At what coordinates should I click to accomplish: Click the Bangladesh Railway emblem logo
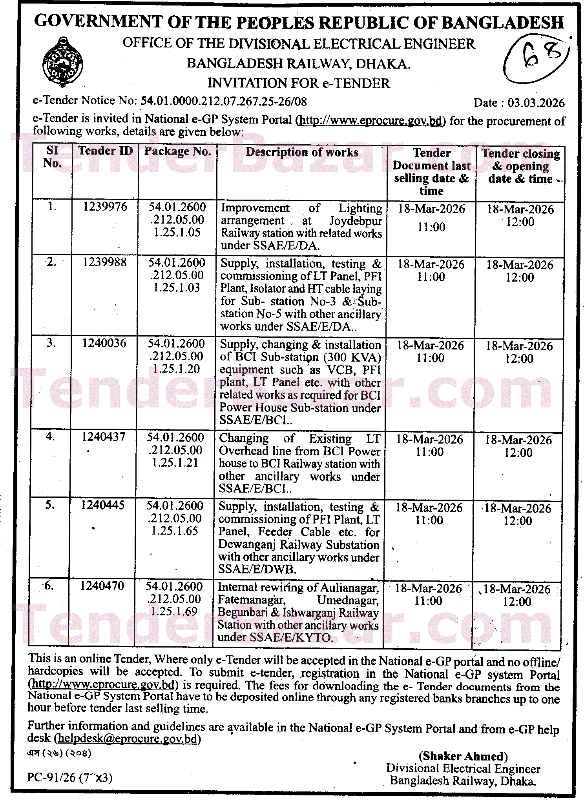coord(62,62)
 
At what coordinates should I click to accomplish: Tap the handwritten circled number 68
coord(537,59)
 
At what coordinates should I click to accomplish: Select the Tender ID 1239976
coord(105,207)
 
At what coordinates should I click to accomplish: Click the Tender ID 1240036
coord(104,343)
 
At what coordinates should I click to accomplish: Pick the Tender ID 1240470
coord(102,586)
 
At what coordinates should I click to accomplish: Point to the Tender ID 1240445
coord(102,505)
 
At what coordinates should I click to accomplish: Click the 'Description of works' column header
coord(302,153)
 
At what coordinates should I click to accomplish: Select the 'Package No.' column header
coord(177,151)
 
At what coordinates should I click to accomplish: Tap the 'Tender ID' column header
coord(105,151)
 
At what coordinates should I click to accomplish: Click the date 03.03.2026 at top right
coord(536,103)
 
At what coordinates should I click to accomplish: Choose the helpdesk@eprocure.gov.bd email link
coord(127,739)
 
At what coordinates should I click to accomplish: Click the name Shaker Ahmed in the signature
coord(463,756)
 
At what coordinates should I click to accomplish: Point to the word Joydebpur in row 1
coord(355,221)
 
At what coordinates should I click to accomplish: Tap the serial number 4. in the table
coord(50,437)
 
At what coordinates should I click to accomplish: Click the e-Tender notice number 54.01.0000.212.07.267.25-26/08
coord(224,101)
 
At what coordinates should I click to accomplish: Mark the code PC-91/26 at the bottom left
coord(51,777)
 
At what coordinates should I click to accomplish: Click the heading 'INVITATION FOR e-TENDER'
coord(299,83)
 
